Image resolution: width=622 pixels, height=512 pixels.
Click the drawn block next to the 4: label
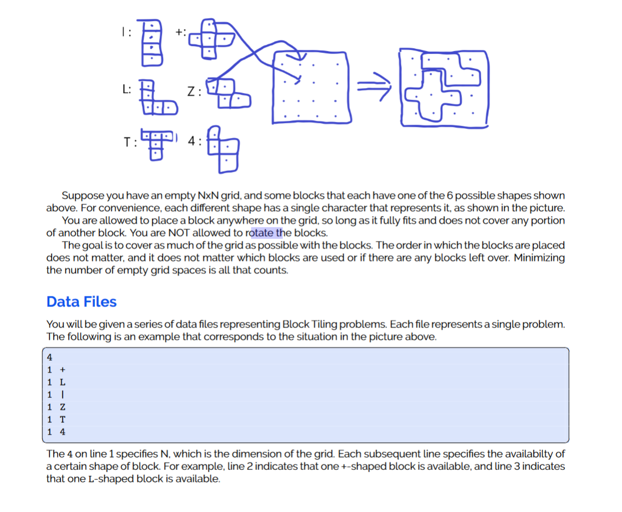coord(223,147)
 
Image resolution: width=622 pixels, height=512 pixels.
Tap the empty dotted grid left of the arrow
coord(310,86)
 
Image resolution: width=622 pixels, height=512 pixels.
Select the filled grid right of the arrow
coord(445,88)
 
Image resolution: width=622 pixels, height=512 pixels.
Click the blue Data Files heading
coord(81,302)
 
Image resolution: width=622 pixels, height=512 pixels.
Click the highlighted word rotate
coord(262,232)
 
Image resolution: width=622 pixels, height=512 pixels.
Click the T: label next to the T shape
coord(130,142)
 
